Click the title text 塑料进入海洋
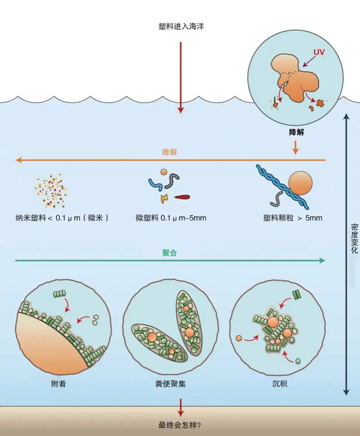coord(181,27)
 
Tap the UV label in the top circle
coord(318,52)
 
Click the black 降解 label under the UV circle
coord(296,132)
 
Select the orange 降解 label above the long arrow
coord(170,152)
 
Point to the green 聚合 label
coord(170,253)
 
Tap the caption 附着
coord(58,383)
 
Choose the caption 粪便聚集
coord(170,383)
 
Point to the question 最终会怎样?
coord(180,425)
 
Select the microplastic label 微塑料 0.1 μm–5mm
coord(171,218)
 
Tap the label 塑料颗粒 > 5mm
coord(292,218)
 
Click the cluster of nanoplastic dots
coord(51,192)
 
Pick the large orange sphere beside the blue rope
coord(300,183)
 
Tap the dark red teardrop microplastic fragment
coord(182,197)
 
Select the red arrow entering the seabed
coord(180,408)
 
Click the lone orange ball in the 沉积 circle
coord(239,338)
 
